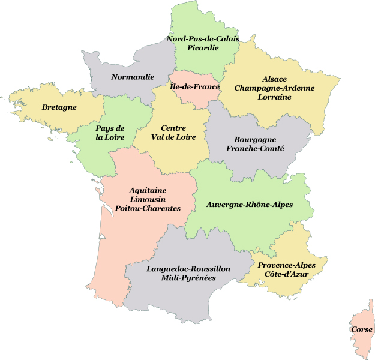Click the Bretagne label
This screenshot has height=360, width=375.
coord(59,107)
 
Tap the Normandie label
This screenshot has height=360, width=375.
coord(133,77)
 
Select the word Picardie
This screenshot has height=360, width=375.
coord(203,48)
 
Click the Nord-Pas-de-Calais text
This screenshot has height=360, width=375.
coord(203,39)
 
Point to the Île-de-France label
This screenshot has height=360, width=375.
coord(194,87)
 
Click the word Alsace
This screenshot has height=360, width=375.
coord(274,79)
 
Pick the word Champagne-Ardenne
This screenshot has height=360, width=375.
coord(274,88)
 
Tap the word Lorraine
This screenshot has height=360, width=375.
coord(274,97)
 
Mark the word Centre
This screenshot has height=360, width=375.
coord(173,128)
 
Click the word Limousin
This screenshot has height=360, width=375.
coord(147,199)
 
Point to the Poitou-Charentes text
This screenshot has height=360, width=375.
coord(147,208)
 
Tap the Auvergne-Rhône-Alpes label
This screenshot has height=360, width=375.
coord(249,205)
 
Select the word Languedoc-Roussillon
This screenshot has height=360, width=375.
coord(188,269)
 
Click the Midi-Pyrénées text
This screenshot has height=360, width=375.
coord(188,278)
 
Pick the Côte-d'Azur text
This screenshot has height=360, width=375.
coord(286,274)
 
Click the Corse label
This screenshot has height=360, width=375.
coord(361,329)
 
